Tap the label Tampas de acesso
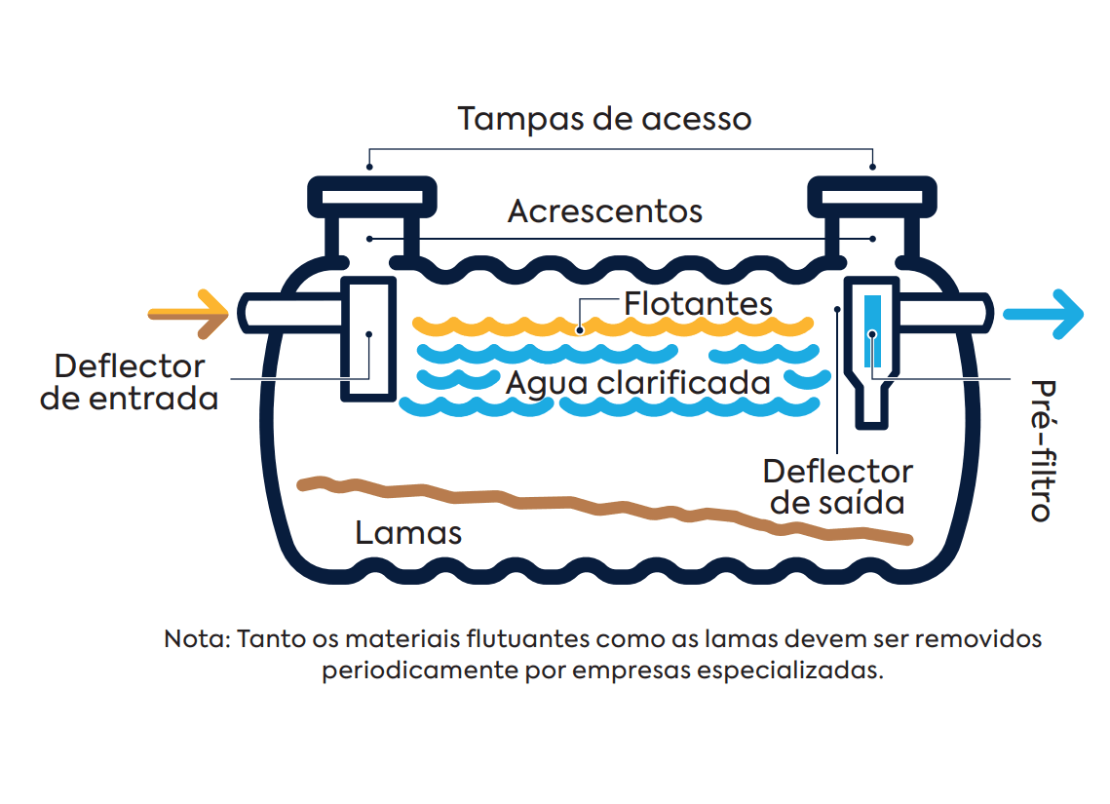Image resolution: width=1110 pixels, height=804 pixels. [604, 119]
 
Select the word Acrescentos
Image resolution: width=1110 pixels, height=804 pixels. [604, 211]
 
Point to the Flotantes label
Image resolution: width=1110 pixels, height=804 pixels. [698, 303]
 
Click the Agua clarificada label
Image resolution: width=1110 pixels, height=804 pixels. [637, 382]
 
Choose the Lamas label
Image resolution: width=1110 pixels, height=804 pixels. [408, 533]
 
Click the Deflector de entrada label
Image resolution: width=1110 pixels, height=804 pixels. [130, 382]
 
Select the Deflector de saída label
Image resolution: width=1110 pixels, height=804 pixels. [837, 487]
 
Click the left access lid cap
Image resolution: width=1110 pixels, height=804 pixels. [371, 196]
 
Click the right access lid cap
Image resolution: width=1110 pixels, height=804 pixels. [873, 196]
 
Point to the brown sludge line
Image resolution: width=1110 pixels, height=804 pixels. [604, 506]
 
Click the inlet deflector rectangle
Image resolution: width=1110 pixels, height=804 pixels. [368, 338]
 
